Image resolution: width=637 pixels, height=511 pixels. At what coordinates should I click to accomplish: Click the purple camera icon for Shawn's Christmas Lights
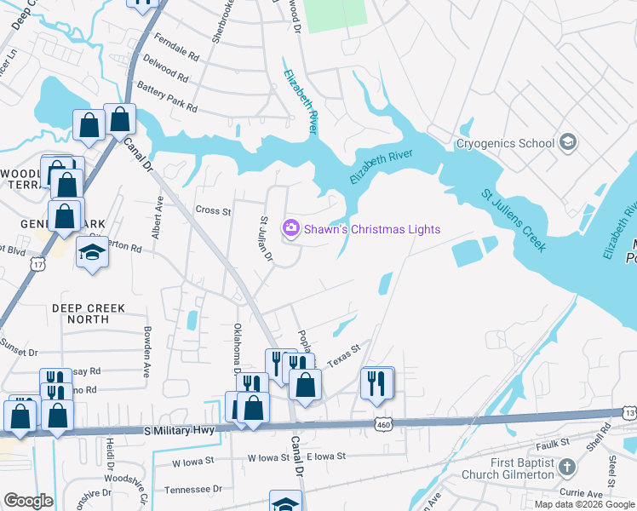click(x=291, y=229)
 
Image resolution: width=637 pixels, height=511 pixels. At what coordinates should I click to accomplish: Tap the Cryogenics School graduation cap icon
click(x=568, y=143)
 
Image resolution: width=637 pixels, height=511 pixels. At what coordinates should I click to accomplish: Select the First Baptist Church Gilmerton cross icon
click(x=568, y=468)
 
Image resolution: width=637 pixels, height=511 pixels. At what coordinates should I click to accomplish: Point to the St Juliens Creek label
click(x=511, y=223)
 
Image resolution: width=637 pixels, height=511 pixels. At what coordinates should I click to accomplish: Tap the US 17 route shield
click(x=37, y=265)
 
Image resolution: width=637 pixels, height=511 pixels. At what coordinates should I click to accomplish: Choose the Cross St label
click(x=213, y=210)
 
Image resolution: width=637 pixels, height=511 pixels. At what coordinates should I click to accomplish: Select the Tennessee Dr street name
click(x=192, y=489)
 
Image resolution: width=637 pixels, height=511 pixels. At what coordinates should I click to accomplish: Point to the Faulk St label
click(x=553, y=443)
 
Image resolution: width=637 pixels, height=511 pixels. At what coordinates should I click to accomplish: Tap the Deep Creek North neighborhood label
click(x=88, y=313)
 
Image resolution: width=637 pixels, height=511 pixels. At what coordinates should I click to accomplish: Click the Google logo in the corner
click(x=28, y=501)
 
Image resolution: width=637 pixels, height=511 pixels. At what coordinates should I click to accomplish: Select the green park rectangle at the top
click(x=336, y=15)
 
